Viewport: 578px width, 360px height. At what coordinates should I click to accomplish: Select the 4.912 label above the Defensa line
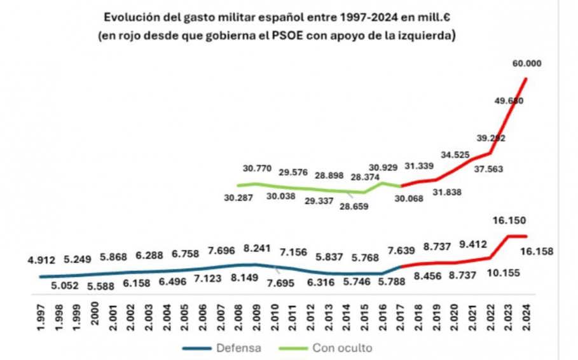tap(42, 260)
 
